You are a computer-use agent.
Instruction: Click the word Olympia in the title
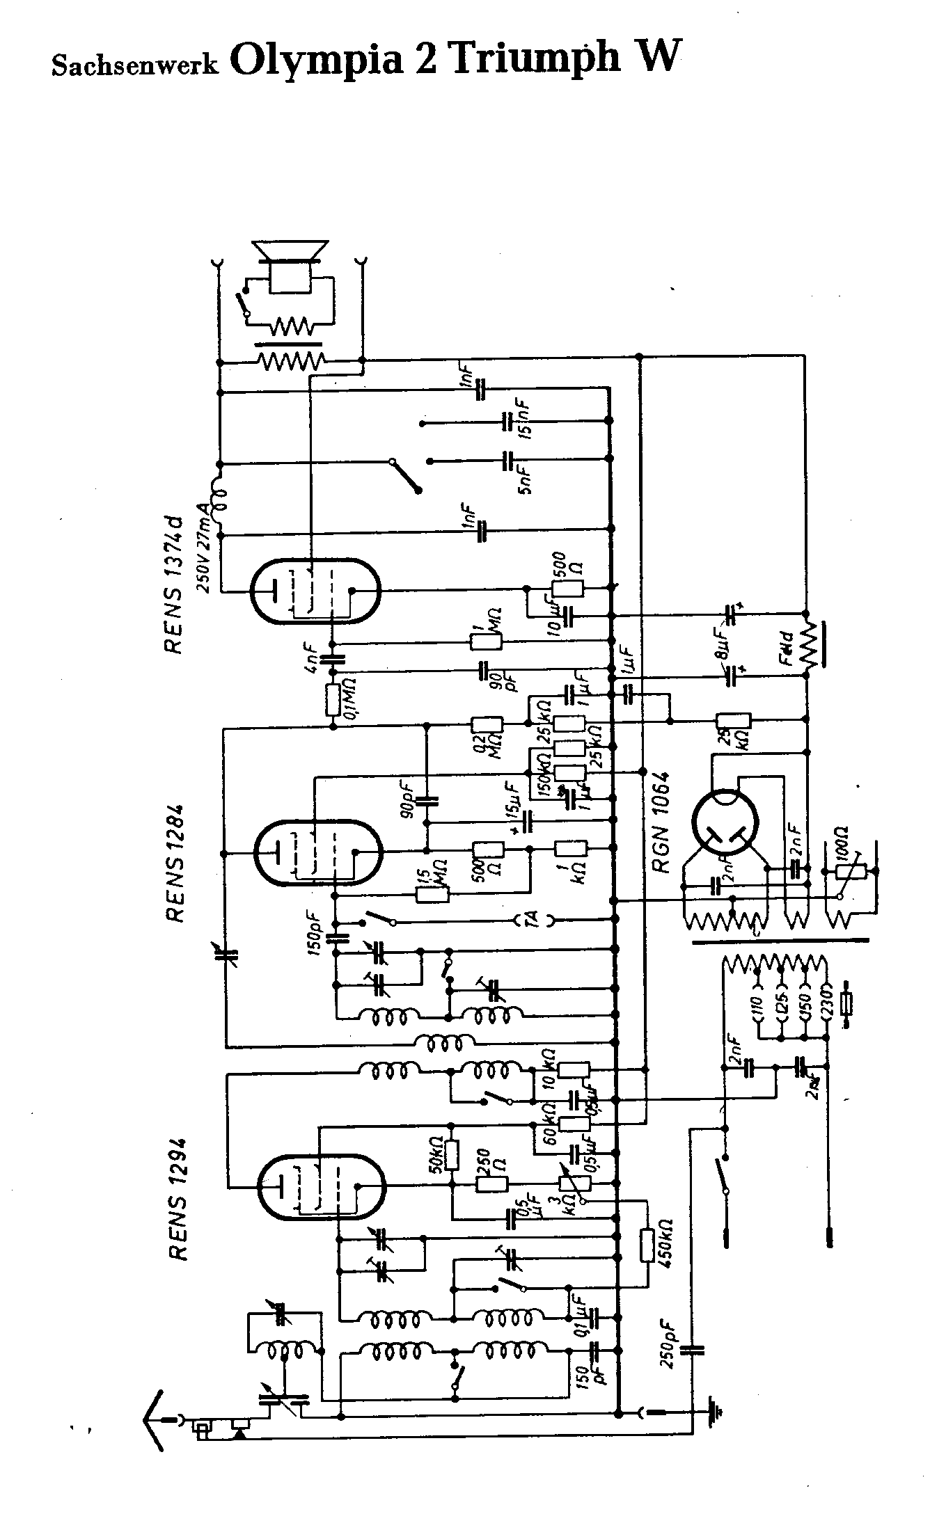(x=317, y=60)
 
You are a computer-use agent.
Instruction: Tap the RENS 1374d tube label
(x=175, y=584)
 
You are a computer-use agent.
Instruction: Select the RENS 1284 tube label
(x=175, y=863)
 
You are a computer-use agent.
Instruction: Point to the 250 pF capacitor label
(x=669, y=1347)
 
